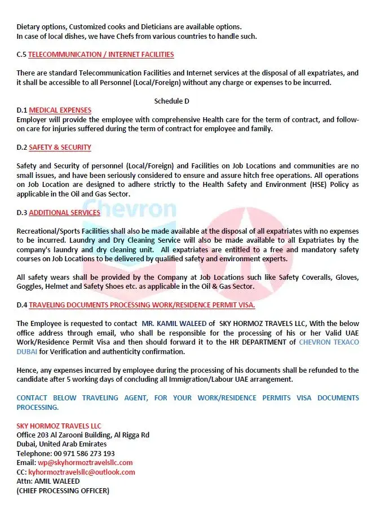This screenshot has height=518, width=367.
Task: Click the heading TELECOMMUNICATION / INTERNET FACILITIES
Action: pos(101,55)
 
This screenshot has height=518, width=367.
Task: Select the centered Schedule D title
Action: pos(171,101)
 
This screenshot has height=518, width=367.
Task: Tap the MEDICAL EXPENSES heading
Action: pos(60,110)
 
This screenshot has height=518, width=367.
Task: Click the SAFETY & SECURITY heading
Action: pos(60,148)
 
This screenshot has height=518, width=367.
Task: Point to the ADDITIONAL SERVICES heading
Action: pos(64,213)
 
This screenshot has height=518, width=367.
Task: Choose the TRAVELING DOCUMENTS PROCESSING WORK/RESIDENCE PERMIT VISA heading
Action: pos(142,305)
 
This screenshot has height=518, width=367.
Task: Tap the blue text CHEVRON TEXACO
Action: pos(329,342)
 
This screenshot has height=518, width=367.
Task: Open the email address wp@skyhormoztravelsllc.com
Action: pos(89,463)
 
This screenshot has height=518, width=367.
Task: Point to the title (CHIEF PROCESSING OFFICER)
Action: pos(63,490)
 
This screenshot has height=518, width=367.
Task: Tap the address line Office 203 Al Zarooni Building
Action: pos(83,435)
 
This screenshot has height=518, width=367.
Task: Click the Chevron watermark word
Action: pos(129,208)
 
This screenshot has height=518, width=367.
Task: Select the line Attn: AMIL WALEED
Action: pos(48,481)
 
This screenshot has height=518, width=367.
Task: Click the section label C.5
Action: pos(21,55)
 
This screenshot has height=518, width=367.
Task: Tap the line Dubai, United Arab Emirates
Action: pos(61,444)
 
